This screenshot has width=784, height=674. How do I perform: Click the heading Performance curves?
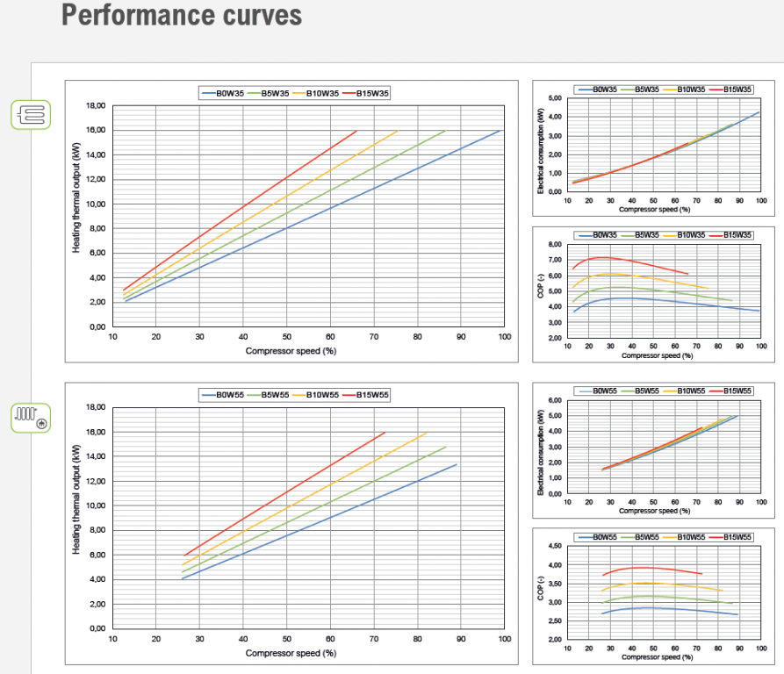[x=182, y=15]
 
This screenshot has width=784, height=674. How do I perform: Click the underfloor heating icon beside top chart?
[x=31, y=115]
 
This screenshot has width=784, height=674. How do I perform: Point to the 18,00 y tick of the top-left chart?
[x=94, y=105]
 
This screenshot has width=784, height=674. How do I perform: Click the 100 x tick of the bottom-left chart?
[x=504, y=638]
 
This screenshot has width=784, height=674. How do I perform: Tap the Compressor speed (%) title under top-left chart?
[x=291, y=350]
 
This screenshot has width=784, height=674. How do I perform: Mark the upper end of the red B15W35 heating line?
[x=356, y=131]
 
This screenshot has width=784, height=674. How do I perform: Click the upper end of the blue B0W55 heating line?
[x=457, y=464]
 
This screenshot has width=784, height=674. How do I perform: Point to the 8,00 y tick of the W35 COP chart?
[x=554, y=244]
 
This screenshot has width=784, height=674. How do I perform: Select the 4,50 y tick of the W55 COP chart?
[x=554, y=546]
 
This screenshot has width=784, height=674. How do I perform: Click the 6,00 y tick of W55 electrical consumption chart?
[x=554, y=400]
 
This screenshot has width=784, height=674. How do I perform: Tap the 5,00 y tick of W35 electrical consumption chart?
[x=554, y=98]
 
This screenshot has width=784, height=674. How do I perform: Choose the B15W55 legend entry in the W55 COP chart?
[x=736, y=536]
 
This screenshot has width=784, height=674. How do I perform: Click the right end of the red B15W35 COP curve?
[x=688, y=274]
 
